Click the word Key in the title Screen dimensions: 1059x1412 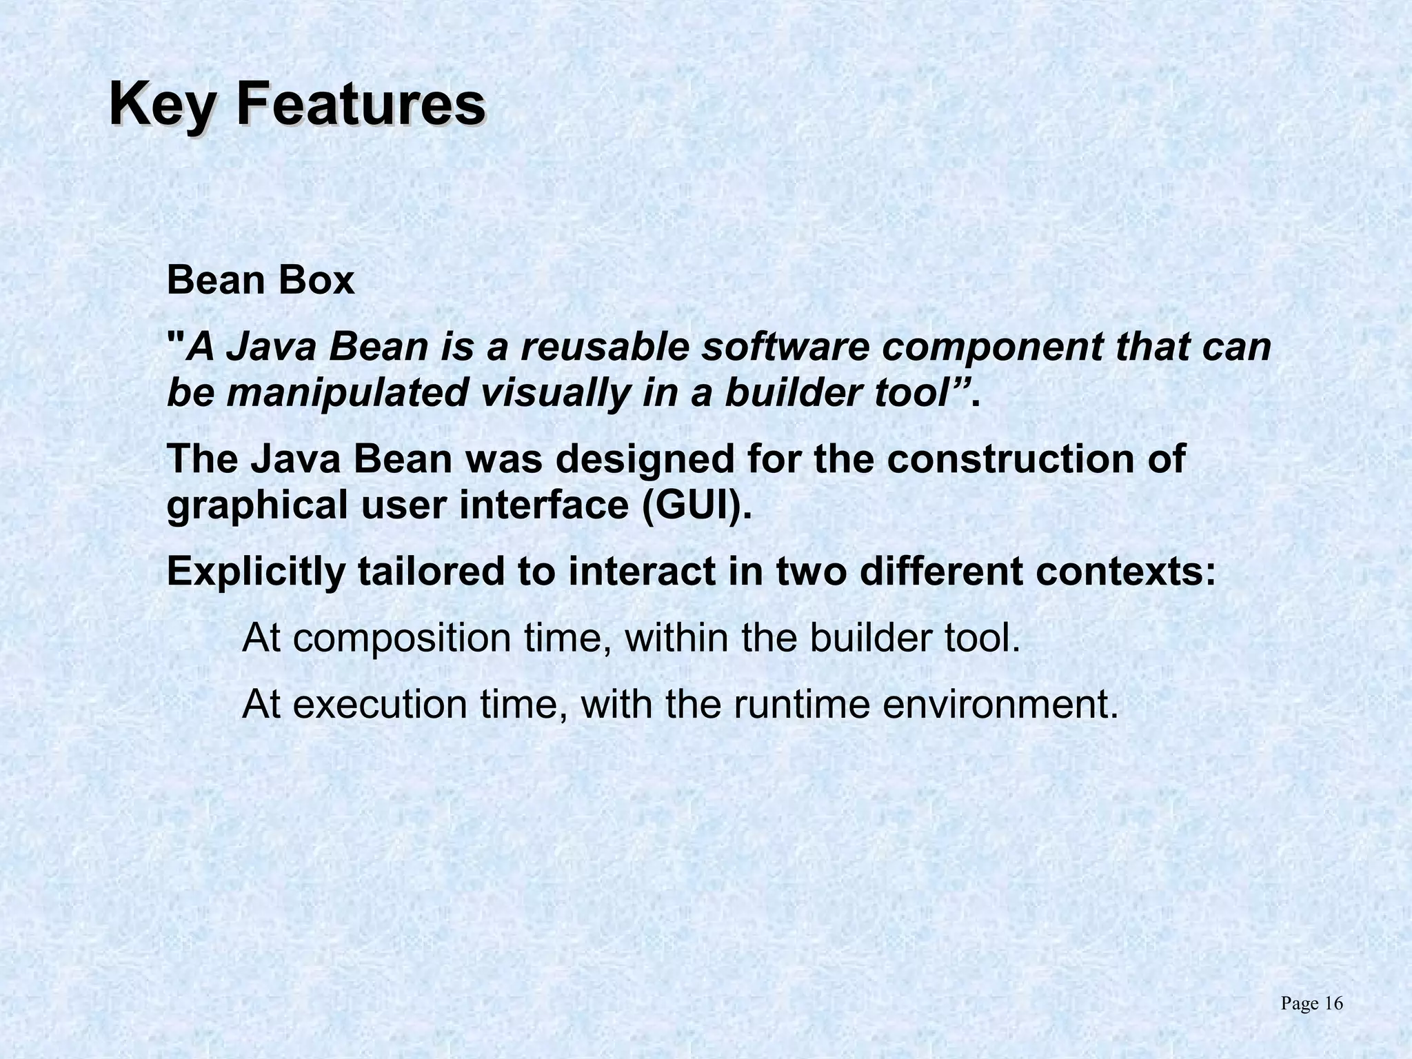pos(163,105)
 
